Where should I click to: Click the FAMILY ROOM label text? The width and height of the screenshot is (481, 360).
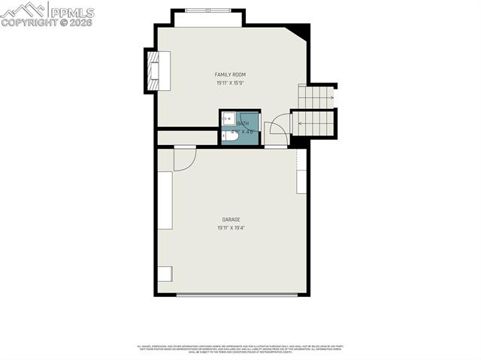(x=230, y=74)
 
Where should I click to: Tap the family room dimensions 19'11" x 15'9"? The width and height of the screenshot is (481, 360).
(x=230, y=83)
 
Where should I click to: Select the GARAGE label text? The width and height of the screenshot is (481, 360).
(x=231, y=219)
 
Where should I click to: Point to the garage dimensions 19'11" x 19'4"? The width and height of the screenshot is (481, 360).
(x=231, y=228)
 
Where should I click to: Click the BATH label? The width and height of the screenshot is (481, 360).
(x=243, y=123)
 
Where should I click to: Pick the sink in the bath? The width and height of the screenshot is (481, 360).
(x=228, y=119)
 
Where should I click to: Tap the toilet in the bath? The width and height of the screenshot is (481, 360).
(x=228, y=136)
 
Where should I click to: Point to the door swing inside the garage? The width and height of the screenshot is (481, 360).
(x=185, y=159)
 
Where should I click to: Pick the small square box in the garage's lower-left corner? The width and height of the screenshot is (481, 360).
(x=164, y=274)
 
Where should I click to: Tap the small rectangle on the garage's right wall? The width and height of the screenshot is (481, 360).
(x=301, y=182)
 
